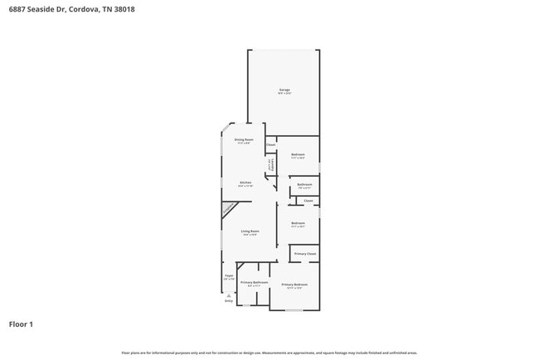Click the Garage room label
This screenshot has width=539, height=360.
pos(284,90)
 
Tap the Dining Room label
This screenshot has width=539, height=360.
pos(244,139)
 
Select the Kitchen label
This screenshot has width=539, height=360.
pos(245,182)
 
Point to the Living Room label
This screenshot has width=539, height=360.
pos(250,231)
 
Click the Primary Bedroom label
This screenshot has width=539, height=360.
pos(294,285)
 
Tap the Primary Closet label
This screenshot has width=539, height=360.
pos(305,253)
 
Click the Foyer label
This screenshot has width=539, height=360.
pos(229,275)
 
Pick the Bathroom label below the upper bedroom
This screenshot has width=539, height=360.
pos(304,184)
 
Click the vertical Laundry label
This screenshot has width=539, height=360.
pos(269,164)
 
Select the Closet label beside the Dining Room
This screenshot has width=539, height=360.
pos(270,145)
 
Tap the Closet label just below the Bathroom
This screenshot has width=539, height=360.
pos(308,201)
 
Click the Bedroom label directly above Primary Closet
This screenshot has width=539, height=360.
pos(299,222)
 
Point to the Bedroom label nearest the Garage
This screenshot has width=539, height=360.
pos(299,154)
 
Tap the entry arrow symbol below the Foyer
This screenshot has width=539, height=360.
pos(229,294)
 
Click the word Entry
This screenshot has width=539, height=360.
pos(229,301)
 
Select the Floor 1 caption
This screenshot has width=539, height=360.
pos(21,324)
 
